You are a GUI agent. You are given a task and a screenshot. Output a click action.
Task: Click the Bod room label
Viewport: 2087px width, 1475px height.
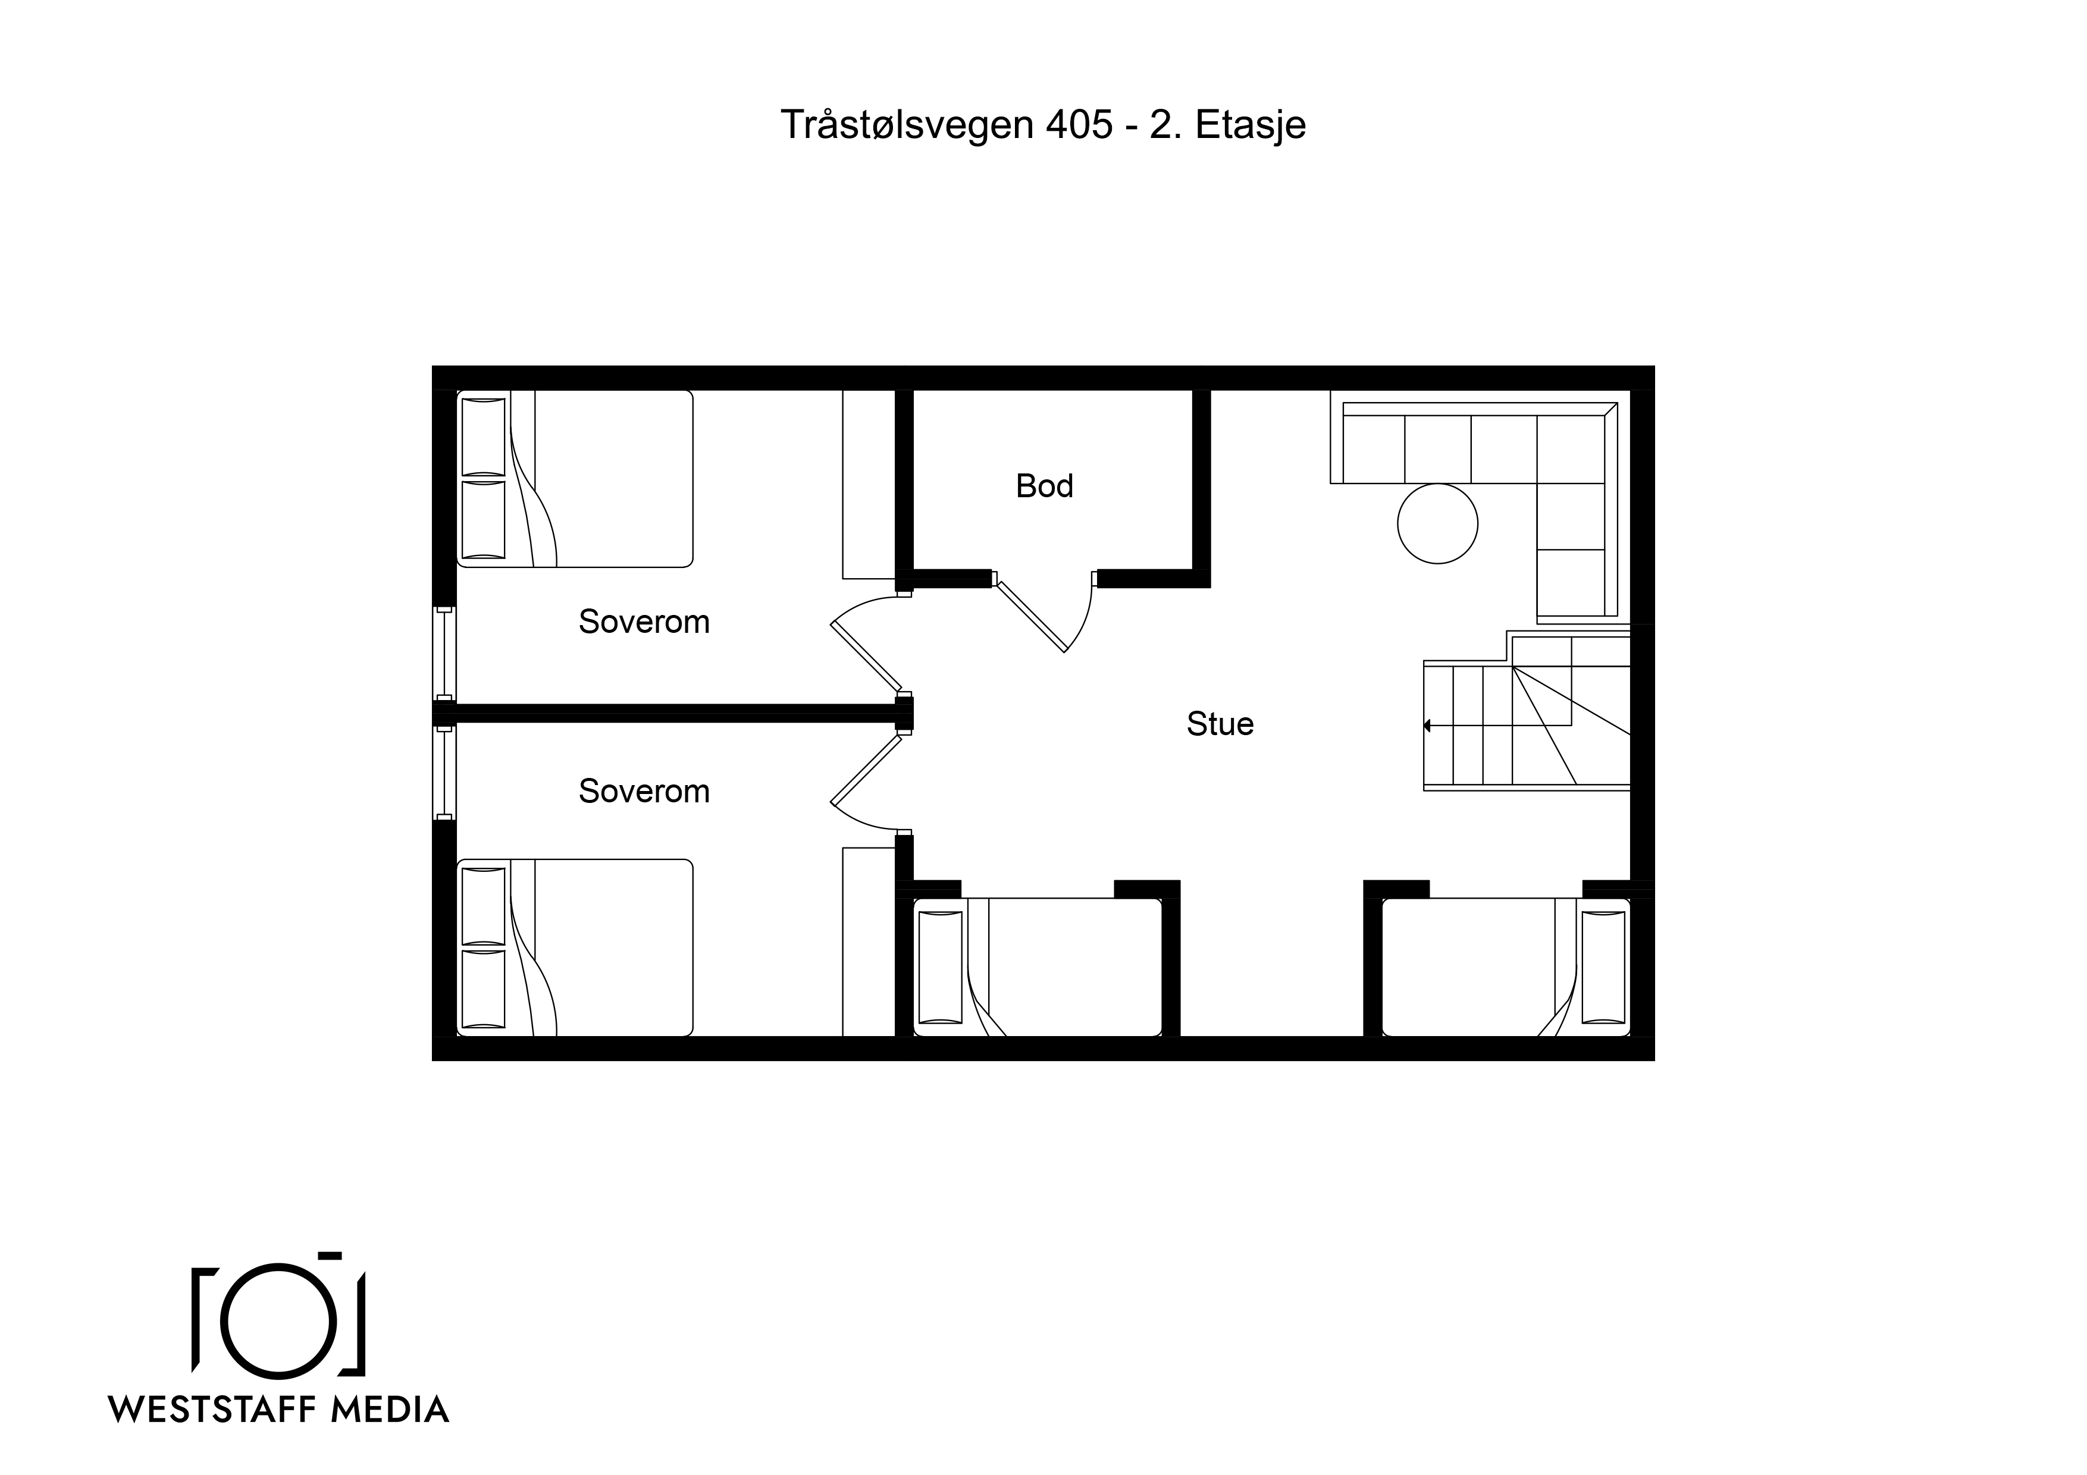(1045, 486)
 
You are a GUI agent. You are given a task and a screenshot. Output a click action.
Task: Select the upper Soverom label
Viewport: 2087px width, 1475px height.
(644, 622)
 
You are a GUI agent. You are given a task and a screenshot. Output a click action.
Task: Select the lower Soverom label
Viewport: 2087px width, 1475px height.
(644, 792)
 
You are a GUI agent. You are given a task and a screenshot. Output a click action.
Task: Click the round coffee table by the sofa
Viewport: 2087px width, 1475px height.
(1437, 523)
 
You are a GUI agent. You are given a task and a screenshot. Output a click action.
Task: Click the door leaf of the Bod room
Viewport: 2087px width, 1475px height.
(1032, 614)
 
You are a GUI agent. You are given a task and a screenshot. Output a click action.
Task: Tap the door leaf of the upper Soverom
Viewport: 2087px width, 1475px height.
(866, 656)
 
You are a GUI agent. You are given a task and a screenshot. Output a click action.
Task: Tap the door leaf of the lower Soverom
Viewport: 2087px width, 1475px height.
(866, 771)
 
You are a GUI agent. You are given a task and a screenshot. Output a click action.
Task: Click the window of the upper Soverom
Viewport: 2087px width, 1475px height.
(444, 654)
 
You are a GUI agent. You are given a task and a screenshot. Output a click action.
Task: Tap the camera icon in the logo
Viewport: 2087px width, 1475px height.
(279, 1314)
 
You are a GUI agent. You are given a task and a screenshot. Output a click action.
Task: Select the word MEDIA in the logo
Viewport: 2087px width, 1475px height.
(390, 1410)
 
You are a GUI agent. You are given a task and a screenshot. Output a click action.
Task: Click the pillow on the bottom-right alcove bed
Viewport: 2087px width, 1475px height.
(1603, 967)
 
